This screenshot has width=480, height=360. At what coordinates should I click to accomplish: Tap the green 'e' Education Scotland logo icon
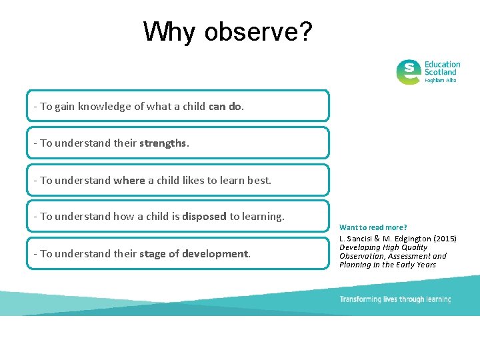408,72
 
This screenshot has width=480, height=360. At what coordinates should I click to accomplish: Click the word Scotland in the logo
441,72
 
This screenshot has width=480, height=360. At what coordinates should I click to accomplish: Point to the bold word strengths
163,143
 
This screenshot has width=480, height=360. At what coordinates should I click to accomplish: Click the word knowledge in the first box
101,106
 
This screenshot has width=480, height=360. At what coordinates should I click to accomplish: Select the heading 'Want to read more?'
373,227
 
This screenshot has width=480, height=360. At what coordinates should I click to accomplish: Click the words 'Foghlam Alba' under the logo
441,80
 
